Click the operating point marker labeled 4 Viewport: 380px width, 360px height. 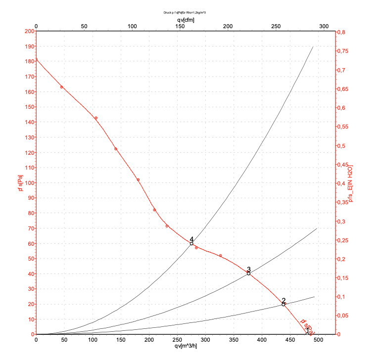(191, 243)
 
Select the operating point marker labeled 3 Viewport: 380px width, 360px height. (248, 273)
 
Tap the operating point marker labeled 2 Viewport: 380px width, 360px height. (284, 304)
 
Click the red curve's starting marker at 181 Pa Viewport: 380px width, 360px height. (36, 60)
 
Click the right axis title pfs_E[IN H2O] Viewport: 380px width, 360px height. (350, 183)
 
